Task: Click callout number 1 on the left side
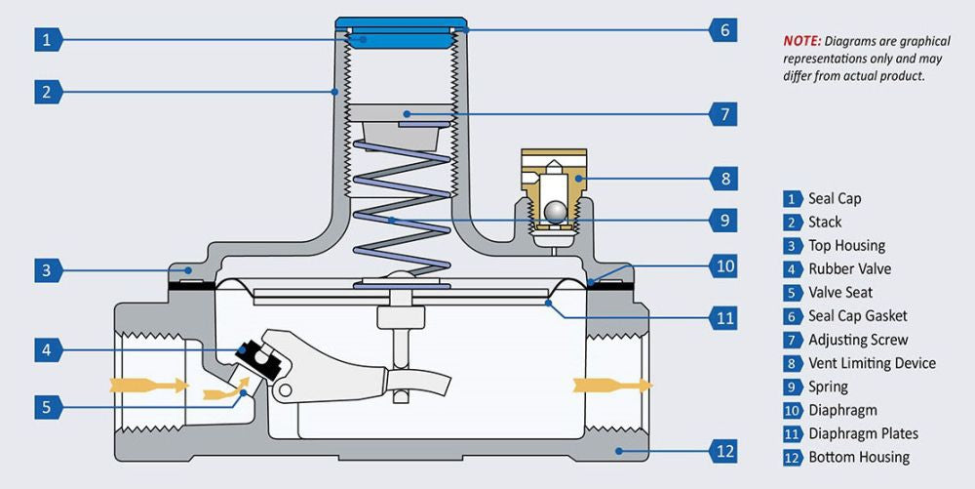48,40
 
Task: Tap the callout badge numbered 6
723,30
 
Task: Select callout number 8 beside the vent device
723,180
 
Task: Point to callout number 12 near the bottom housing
723,451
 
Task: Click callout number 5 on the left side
48,407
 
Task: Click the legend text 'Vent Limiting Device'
872,363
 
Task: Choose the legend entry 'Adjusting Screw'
858,340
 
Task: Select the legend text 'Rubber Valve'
849,268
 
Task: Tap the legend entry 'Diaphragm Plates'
863,433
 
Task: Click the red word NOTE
802,41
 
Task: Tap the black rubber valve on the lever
259,359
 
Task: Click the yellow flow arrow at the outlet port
612,386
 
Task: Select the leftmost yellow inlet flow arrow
149,386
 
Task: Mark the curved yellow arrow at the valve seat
227,388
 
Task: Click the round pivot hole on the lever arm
286,390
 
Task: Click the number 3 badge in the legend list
792,246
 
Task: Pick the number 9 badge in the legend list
792,387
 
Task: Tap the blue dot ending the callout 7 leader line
406,114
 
